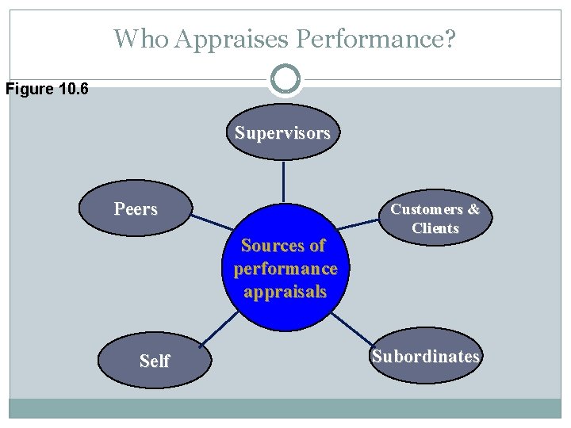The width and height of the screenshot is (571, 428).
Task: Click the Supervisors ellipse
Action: click(x=283, y=132)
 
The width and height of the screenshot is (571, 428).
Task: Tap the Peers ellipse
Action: click(x=136, y=209)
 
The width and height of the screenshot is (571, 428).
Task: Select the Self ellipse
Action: click(x=155, y=361)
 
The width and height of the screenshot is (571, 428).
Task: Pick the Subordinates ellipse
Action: click(x=426, y=357)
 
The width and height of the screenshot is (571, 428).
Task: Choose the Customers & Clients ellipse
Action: click(x=435, y=219)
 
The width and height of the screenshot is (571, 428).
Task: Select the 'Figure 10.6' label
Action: click(x=47, y=88)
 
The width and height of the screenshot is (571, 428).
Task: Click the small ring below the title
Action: click(x=285, y=79)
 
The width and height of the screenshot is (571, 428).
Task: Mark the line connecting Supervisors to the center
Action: click(x=284, y=182)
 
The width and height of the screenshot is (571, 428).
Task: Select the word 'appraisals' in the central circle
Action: click(x=285, y=292)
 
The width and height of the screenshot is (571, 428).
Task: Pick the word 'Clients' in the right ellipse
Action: click(x=435, y=228)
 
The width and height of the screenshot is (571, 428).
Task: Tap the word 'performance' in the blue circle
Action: click(x=285, y=269)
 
